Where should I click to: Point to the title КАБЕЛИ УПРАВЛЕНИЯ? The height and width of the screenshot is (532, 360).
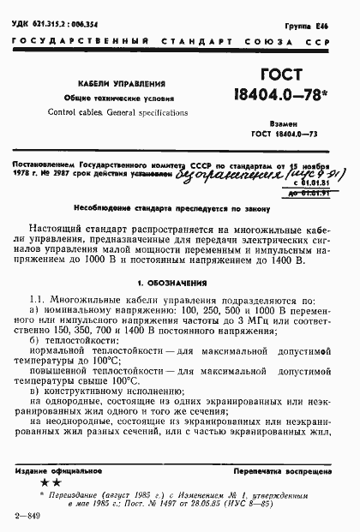(x=110, y=85)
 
